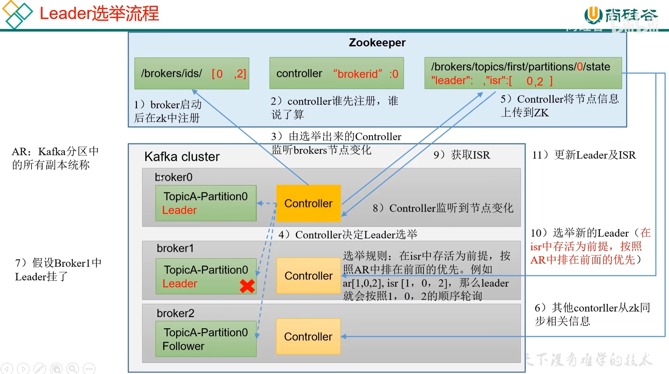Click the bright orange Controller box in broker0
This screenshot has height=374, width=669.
click(308, 203)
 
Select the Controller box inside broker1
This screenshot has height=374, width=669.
click(308, 275)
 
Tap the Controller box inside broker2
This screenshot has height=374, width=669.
click(308, 336)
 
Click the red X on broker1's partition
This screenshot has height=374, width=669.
click(247, 286)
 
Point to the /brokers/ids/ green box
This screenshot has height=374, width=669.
click(192, 73)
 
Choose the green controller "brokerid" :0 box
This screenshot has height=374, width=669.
click(337, 73)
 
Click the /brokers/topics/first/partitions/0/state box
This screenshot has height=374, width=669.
click(523, 73)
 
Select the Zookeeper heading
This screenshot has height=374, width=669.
click(377, 43)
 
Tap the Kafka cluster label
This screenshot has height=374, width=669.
click(182, 156)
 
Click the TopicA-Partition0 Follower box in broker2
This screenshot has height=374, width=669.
click(206, 339)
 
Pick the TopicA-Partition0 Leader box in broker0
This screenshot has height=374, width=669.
click(206, 203)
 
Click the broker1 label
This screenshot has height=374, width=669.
click(175, 248)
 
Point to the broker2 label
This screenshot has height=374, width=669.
click(175, 313)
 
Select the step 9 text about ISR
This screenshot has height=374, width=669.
click(462, 155)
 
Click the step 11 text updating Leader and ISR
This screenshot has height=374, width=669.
click(584, 155)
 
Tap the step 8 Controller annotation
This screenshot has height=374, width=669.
click(443, 208)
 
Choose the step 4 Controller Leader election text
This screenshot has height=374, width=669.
click(348, 235)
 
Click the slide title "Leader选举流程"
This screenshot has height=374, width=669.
click(99, 13)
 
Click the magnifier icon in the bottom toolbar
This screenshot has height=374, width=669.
click(73, 368)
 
